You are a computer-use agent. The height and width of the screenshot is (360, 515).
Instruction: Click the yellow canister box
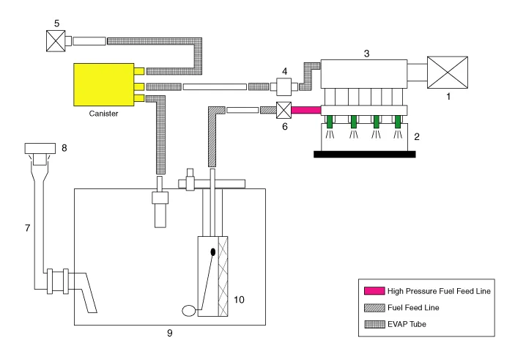(x=103, y=85)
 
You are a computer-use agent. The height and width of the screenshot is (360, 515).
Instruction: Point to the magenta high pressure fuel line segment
(x=307, y=111)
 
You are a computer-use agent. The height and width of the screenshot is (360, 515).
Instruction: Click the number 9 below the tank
(x=168, y=334)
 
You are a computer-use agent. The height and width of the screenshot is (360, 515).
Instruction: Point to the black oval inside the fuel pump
(x=213, y=252)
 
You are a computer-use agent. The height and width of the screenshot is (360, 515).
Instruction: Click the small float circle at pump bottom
(x=188, y=310)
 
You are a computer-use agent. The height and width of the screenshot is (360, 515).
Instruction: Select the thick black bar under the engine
(x=364, y=154)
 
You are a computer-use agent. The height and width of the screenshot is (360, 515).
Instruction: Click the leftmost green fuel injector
(x=330, y=121)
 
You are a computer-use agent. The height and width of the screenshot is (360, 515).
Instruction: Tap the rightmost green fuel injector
(x=399, y=121)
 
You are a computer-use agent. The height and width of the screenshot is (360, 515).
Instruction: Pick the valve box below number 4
(x=281, y=87)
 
